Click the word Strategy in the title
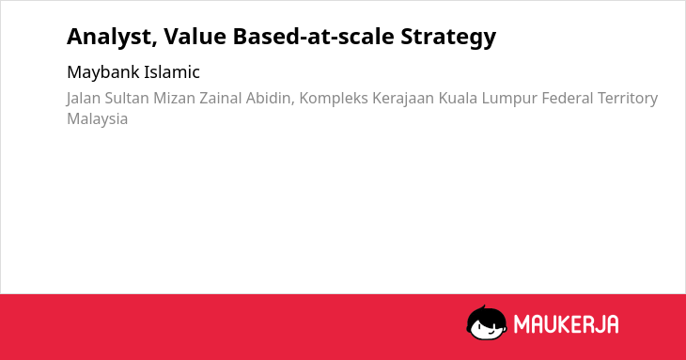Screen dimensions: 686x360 coord(448,38)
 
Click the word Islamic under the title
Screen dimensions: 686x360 coord(172,72)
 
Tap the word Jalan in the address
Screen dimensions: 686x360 coord(84,99)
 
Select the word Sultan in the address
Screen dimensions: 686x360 coord(127,98)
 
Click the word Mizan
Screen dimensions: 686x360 coord(174,98)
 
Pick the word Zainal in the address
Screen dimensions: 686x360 coord(221,98)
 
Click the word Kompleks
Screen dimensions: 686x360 coord(334,99)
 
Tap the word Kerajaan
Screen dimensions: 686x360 coord(403,99)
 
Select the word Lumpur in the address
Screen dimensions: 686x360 coord(509,99)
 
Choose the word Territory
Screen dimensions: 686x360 coord(628,99)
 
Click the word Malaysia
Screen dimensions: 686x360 coord(97,119)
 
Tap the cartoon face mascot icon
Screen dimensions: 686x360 coord(487,322)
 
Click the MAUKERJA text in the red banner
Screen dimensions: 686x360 coord(566,324)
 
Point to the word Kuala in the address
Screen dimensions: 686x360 coord(458,98)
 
